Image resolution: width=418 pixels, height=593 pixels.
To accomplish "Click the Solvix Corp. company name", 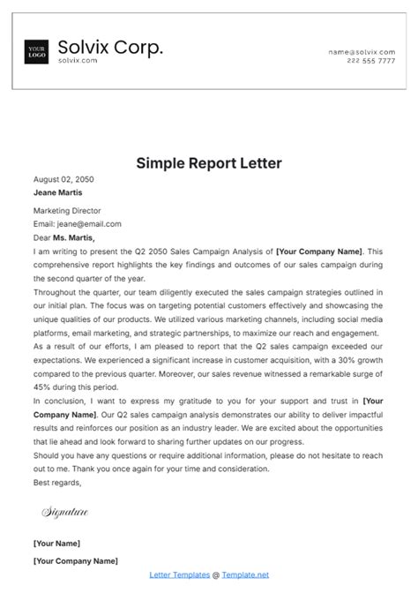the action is [110, 48].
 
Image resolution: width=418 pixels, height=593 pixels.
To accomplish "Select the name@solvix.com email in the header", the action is [362, 53].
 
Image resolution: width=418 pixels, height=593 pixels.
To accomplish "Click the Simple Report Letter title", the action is [208, 162].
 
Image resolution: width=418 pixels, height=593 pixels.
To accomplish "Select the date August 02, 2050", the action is [63, 179].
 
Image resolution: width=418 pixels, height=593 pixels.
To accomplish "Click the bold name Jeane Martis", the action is [58, 191].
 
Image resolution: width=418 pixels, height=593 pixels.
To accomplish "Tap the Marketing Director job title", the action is [67, 211].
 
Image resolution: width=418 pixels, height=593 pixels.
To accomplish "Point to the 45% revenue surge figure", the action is [44, 387].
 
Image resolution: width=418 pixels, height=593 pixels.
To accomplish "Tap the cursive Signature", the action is [65, 512].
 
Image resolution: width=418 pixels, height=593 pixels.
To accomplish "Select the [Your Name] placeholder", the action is [56, 543].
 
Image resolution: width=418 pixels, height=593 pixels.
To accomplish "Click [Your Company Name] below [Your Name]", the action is [75, 561].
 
